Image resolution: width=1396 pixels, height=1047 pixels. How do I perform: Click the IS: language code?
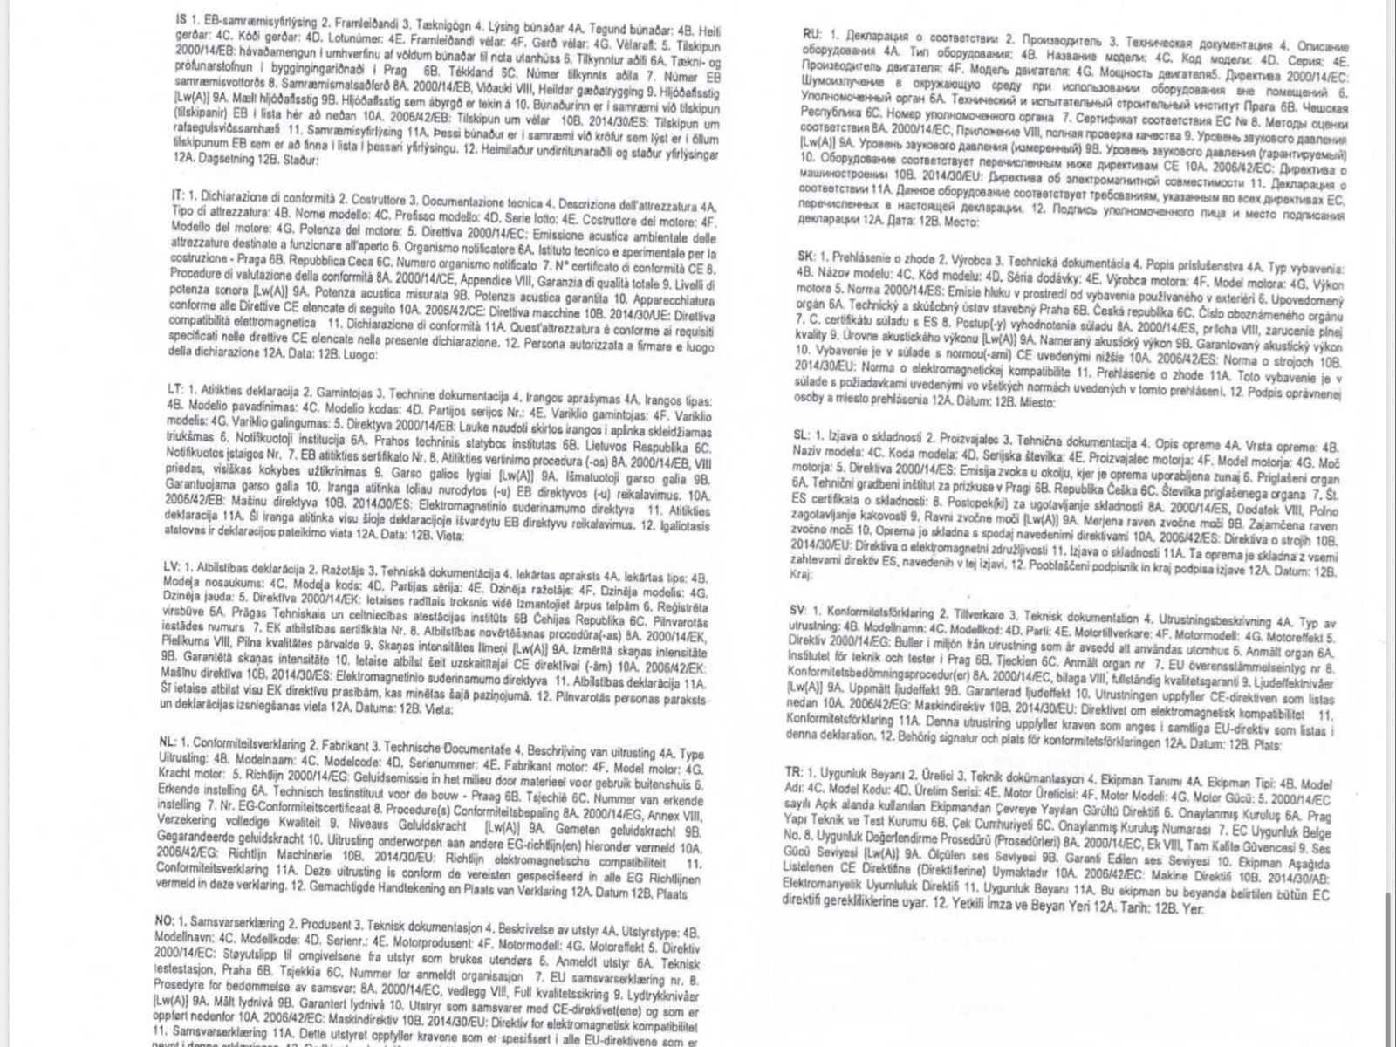tap(181, 17)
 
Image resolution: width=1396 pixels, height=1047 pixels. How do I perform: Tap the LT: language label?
tap(174, 387)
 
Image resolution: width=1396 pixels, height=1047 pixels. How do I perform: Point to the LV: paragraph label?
tap(172, 566)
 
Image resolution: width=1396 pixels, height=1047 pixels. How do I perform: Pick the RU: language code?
tap(811, 34)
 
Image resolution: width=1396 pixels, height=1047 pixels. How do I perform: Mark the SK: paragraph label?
tap(805, 256)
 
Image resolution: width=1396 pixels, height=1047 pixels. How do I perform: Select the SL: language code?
tap(801, 435)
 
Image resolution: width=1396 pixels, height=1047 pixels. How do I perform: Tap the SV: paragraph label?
tap(797, 608)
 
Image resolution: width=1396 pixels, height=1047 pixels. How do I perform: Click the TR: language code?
tap(793, 772)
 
